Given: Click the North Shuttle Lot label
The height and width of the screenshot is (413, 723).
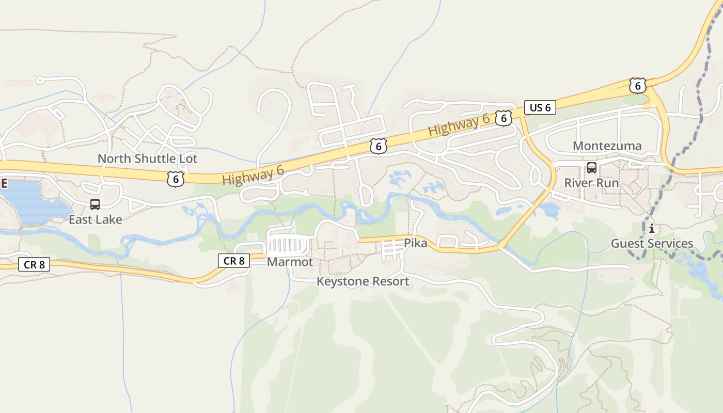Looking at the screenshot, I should pyautogui.click(x=147, y=158).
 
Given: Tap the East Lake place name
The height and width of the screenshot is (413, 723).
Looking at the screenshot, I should pyautogui.click(x=96, y=219).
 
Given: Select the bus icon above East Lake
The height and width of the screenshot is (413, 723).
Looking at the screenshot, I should pyautogui.click(x=95, y=204).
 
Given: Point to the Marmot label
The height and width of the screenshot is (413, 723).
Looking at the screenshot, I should pyautogui.click(x=290, y=262).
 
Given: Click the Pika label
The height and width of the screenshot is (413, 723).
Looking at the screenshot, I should pyautogui.click(x=415, y=243).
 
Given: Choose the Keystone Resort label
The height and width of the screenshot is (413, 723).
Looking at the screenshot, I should pyautogui.click(x=363, y=281).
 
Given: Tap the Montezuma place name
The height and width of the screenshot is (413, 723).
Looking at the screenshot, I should pyautogui.click(x=607, y=146).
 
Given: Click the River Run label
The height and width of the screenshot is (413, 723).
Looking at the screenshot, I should pyautogui.click(x=591, y=183).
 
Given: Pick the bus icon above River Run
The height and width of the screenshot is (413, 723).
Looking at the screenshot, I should pyautogui.click(x=592, y=168).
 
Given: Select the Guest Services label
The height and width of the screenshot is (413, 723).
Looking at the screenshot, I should pyautogui.click(x=652, y=243).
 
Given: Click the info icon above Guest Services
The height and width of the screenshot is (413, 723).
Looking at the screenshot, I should pyautogui.click(x=652, y=228).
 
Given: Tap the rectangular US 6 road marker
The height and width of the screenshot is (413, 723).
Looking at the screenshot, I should pyautogui.click(x=540, y=107).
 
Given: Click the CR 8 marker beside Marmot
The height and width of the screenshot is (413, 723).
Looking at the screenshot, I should pyautogui.click(x=234, y=261).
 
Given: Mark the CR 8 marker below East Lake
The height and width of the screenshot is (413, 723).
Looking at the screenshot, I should pyautogui.click(x=35, y=265).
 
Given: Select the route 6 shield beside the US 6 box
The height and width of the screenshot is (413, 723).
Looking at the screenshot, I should pyautogui.click(x=503, y=118).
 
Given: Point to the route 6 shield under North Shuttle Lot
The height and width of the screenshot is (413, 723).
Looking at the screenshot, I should pyautogui.click(x=176, y=179).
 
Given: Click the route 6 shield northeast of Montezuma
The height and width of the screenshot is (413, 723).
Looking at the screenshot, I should pyautogui.click(x=638, y=86).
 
